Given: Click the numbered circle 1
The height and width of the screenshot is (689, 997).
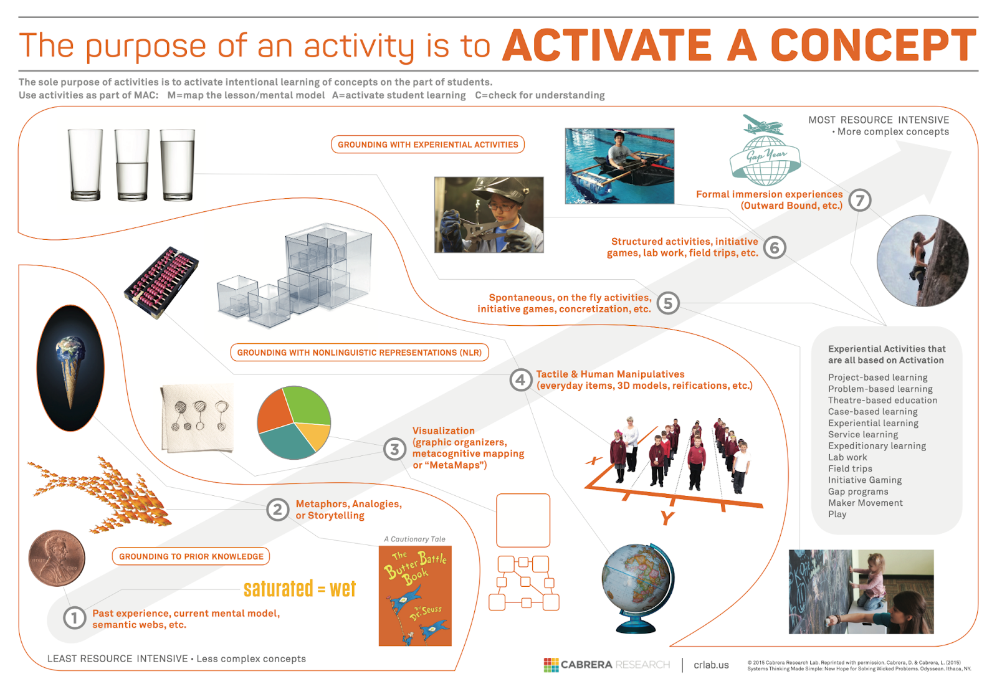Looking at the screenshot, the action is pos(74,618).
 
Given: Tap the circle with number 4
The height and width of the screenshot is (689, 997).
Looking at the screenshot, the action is pos(520,380).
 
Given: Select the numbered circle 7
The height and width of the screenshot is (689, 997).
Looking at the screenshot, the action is pos(859,201).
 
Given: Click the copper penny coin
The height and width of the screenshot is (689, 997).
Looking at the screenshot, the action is pos(57,558).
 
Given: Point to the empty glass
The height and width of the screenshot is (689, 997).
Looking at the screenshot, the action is pos(85,164).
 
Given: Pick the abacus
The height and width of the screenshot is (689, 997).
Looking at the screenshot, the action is pos(161,282).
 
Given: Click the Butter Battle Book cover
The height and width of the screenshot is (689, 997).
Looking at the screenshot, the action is pos(415,596).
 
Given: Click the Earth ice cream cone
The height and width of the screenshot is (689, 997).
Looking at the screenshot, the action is pos(70,368).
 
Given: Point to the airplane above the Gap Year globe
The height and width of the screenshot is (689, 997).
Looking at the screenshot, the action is pos(763,125).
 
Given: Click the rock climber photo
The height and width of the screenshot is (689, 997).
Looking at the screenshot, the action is pos(922,261).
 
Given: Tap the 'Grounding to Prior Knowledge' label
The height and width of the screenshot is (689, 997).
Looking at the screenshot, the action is pos(191,556).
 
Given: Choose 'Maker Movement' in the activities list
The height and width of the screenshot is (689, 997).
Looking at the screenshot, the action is pos(866,503).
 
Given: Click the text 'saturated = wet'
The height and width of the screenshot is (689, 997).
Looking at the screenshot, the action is pos(300,589).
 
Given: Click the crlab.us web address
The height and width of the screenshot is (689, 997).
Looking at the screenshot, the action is pos(711,665).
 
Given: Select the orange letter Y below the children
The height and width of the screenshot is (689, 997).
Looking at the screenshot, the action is pos(667,518).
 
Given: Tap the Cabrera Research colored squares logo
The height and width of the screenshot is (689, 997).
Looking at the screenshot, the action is pos(551,665).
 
